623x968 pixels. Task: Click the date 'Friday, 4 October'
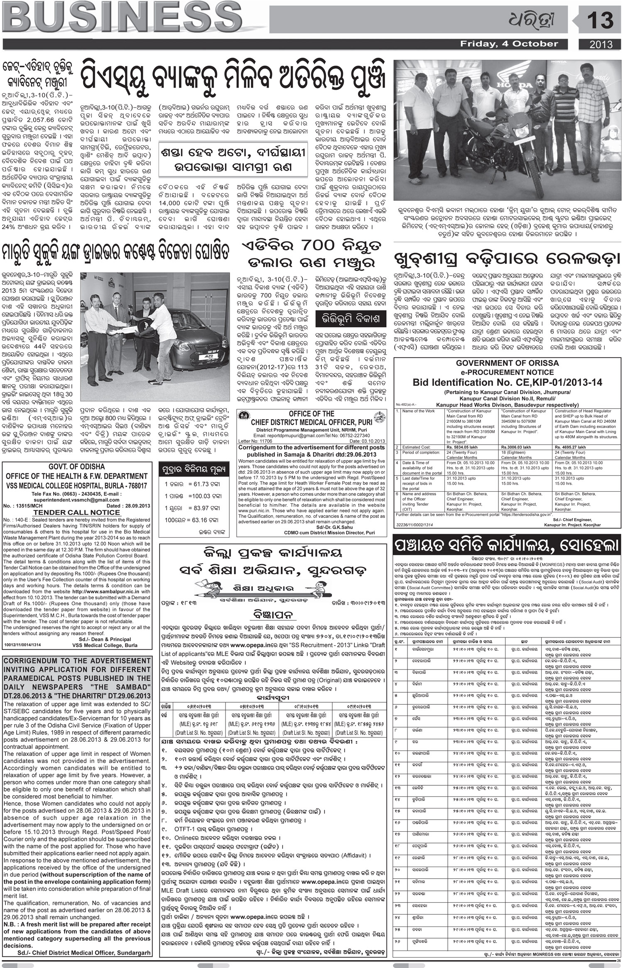click(508, 44)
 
